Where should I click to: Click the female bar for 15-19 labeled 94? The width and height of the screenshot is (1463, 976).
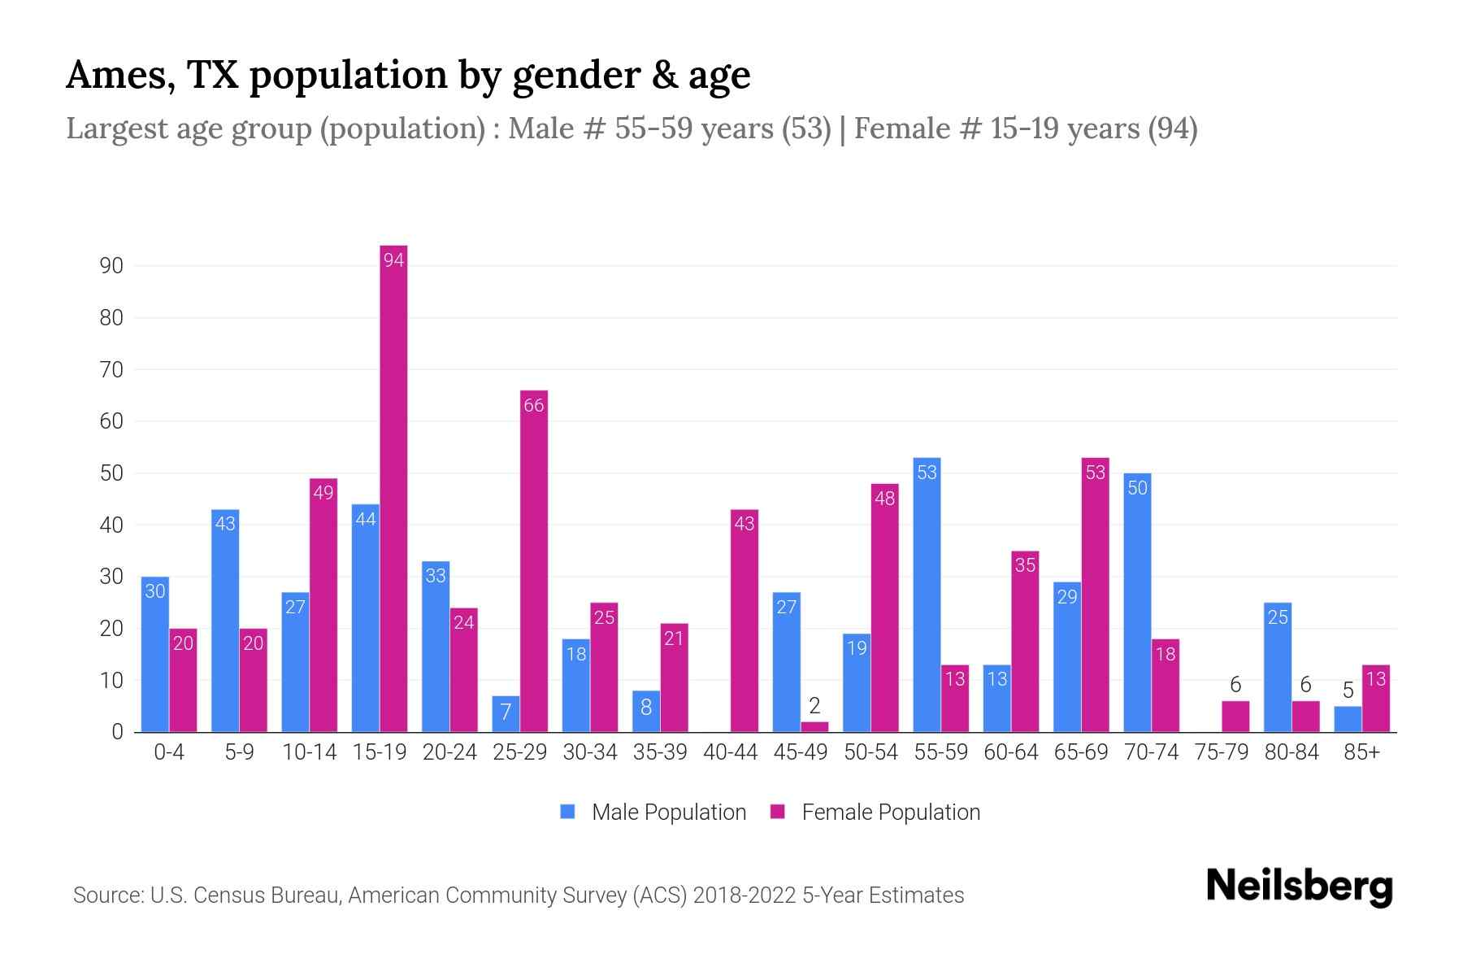pos(393,488)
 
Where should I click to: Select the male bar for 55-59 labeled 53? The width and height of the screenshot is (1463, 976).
pos(927,595)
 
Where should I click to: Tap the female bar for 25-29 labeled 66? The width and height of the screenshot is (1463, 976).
pos(534,561)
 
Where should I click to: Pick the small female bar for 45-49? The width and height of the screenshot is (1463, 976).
pos(814,726)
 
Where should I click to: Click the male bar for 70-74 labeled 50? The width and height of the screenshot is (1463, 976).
pos(1137,603)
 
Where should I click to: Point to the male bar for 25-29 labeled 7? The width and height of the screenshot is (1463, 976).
pos(506,714)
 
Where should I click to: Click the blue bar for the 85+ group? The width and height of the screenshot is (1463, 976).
pos(1348,719)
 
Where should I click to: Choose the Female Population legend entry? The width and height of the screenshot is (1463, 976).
pos(875,812)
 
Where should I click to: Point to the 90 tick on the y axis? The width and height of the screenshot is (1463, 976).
pos(111,266)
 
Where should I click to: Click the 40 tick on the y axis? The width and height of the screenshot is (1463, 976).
pos(111,525)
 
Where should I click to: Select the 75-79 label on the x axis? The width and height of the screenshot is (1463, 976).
pos(1221,752)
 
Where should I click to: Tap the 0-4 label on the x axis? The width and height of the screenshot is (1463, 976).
pos(169,752)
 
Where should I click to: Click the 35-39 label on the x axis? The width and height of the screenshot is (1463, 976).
pos(660,752)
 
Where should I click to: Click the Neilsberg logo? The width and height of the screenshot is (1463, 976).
pos(1299,887)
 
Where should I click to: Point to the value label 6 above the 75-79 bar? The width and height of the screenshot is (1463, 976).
pos(1235,685)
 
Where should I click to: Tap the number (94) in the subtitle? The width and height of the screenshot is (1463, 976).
pos(1172,129)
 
